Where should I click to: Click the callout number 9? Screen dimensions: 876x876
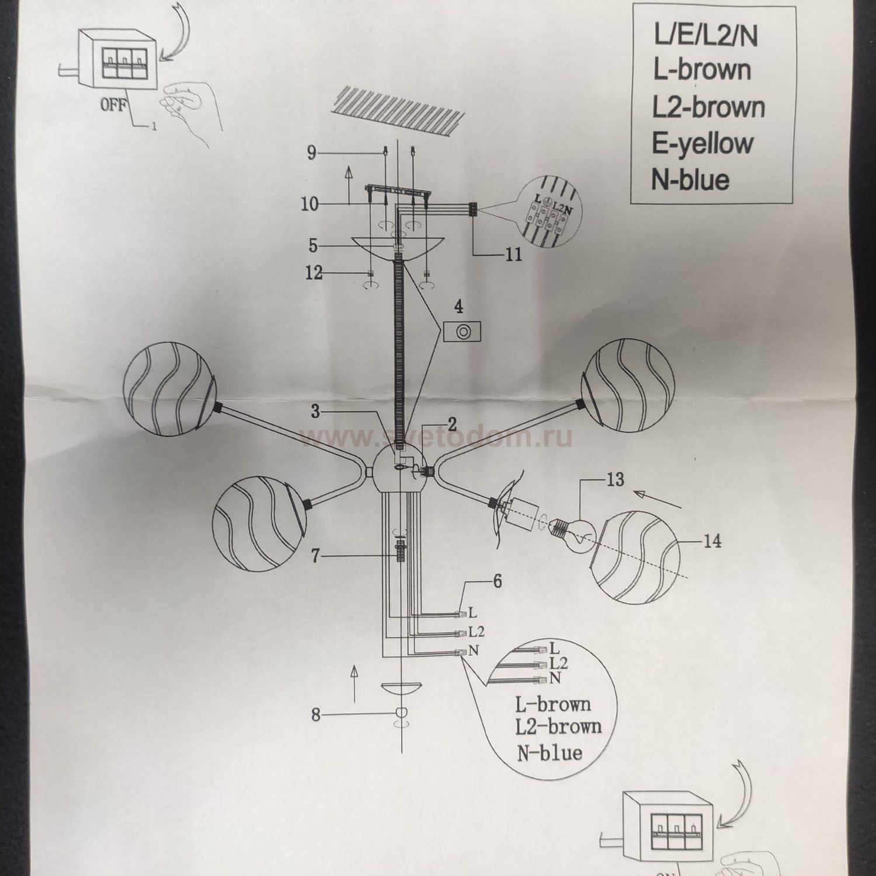(x=311, y=154)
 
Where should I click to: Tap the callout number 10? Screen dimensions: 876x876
(x=310, y=204)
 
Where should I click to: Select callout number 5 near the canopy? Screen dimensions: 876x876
(x=314, y=246)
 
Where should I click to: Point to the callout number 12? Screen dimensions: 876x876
(x=314, y=273)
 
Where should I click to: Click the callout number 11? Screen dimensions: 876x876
(x=513, y=255)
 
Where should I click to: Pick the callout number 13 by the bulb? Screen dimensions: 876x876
(x=615, y=480)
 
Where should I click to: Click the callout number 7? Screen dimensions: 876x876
(x=315, y=557)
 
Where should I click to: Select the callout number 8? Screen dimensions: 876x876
(x=316, y=714)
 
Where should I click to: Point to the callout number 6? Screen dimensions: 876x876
(x=497, y=582)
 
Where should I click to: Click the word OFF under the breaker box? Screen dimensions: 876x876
(x=114, y=106)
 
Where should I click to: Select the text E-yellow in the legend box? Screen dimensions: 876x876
(x=702, y=144)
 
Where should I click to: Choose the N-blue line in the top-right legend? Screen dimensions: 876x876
(x=690, y=180)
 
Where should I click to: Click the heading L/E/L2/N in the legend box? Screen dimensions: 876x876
(x=705, y=36)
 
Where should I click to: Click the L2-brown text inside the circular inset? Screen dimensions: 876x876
(x=558, y=727)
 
